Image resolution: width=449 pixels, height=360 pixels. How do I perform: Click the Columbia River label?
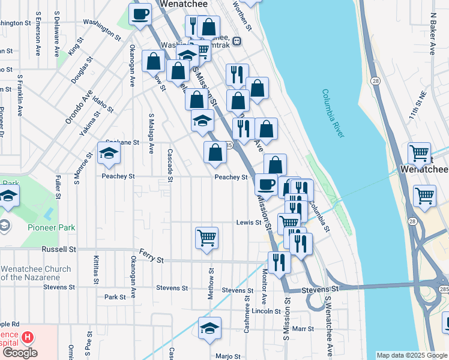pos(333,114)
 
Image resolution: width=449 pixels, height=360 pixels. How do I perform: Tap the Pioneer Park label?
pos(51,227)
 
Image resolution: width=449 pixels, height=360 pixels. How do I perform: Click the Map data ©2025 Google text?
pos(411,355)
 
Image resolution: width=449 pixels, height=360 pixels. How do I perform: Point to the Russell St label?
pos(59,248)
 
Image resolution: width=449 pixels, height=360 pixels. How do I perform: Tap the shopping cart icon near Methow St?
pos(206,237)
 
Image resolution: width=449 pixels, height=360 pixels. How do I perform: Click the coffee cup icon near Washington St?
pos(140,14)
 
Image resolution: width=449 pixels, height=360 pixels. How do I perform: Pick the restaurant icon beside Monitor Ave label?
pos(280,262)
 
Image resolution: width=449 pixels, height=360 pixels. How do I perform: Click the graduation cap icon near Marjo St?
pos(209,328)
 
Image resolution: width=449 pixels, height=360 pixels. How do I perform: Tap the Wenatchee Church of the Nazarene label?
pos(36,273)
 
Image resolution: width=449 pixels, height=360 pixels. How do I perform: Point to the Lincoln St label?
pos(266,311)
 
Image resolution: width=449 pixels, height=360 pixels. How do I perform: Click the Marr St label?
pos(303,329)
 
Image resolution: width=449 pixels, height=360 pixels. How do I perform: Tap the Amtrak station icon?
pos(237,41)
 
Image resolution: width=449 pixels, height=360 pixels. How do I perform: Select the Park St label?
pos(115,296)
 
